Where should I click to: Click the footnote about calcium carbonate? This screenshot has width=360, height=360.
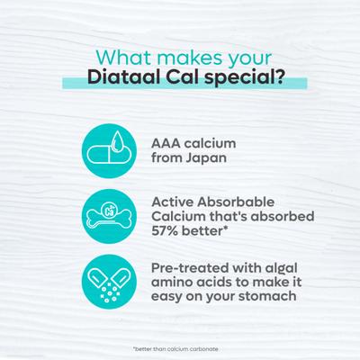(180, 346)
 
